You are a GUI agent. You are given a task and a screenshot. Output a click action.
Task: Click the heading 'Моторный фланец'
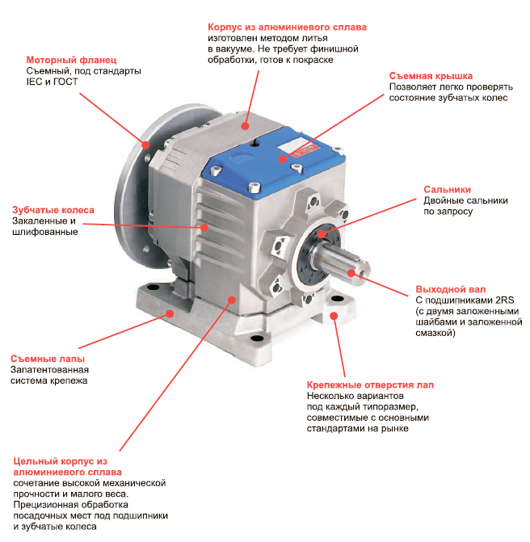click(x=71, y=60)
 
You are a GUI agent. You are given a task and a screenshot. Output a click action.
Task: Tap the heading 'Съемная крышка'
click(x=431, y=76)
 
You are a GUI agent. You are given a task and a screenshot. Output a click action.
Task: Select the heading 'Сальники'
click(x=447, y=190)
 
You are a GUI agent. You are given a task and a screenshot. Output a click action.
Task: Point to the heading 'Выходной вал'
click(x=451, y=289)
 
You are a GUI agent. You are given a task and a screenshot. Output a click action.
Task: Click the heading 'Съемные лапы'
click(x=48, y=359)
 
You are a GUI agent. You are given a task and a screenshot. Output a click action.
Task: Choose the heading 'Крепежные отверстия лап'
click(x=370, y=385)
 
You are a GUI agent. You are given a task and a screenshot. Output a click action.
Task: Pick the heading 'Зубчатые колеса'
click(x=53, y=210)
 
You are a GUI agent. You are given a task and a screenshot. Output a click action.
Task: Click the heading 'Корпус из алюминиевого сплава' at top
click(x=287, y=27)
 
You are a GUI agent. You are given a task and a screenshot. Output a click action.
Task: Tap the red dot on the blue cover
click(x=283, y=159)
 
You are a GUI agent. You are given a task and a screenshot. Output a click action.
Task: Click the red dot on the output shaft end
click(x=351, y=273)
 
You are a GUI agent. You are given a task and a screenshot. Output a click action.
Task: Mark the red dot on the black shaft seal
click(x=322, y=234)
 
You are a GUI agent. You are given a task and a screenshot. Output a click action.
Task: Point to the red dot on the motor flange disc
click(x=146, y=145)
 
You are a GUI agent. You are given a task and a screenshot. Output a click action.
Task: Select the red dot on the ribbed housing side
click(x=204, y=228)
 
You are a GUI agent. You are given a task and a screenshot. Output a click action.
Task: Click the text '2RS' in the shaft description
click(x=505, y=300)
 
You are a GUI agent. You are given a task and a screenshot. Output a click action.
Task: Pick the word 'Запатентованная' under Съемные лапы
click(x=49, y=370)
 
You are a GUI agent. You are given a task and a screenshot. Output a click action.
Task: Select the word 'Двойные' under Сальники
click(x=442, y=201)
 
